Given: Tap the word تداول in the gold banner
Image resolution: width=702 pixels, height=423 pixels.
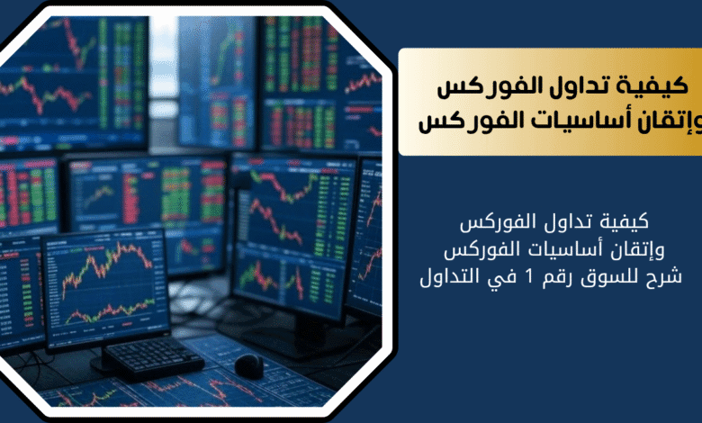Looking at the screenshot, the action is click(600, 85).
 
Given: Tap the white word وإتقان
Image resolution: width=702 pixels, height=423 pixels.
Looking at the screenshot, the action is click(640, 250).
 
